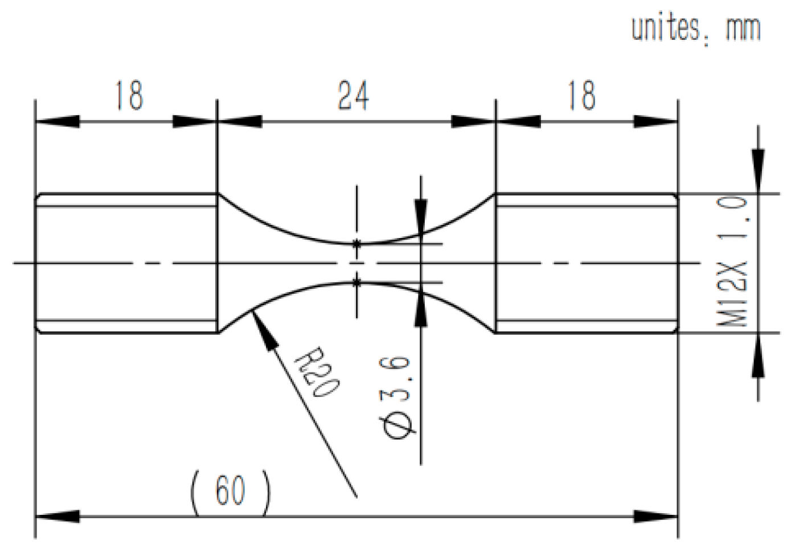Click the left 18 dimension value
tap(129, 95)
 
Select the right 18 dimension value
tap(581, 95)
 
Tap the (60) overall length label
tap(231, 490)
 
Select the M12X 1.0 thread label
tap(734, 261)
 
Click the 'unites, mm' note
tap(695, 28)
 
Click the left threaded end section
tap(126, 263)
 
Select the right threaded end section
tap(587, 263)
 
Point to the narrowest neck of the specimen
tap(357, 263)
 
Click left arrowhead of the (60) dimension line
tap(57, 517)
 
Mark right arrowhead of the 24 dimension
tap(473, 121)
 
